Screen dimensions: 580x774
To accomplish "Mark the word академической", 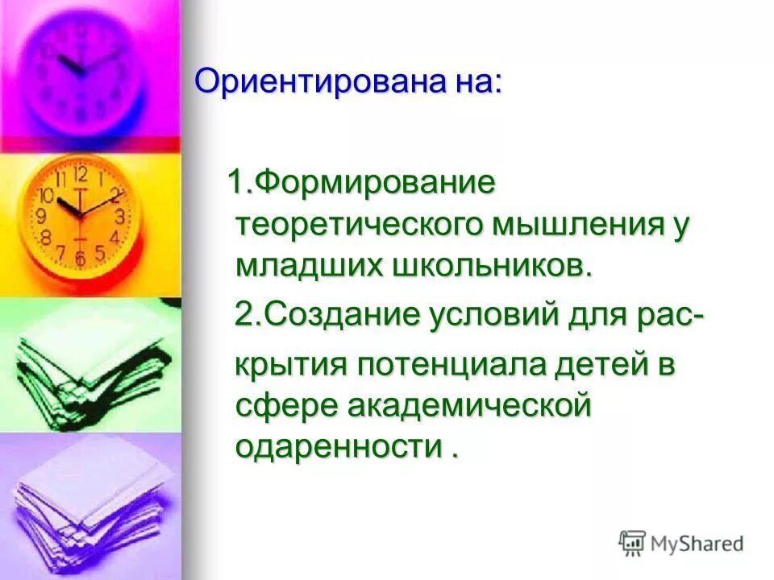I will coord(469,405).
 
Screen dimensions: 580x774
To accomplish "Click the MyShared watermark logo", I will coord(681,543).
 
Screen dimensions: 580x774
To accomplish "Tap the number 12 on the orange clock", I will coord(80,174).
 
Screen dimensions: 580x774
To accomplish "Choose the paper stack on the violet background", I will coord(89,499).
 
